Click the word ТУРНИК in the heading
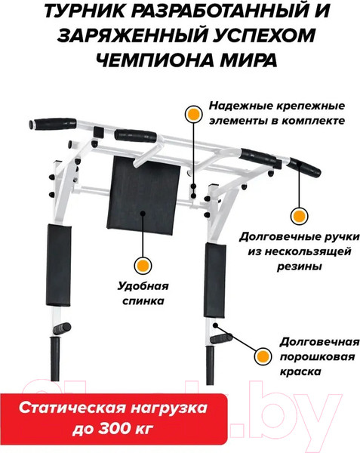86,11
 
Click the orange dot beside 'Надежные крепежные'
193,114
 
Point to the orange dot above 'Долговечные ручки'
299,216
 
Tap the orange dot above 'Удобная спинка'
143,265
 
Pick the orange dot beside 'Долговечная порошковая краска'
263,356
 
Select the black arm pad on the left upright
58,265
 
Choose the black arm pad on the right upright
215,279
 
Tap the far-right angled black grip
305,168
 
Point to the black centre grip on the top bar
136,135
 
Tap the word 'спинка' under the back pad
143,301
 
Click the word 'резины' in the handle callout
300,266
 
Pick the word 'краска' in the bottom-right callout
300,371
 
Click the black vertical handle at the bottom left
55,359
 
